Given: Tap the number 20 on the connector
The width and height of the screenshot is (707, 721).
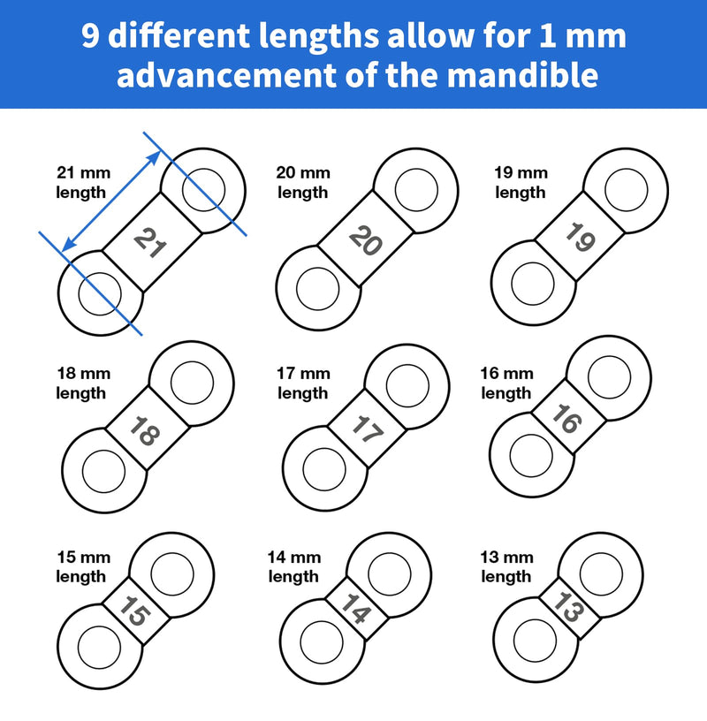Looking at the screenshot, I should click(366, 239).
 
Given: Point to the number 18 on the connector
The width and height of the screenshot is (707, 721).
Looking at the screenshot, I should click(147, 430).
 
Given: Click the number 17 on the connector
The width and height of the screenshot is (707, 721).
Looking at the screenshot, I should click(365, 428).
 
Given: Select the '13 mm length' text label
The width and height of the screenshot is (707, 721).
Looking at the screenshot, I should click(507, 566).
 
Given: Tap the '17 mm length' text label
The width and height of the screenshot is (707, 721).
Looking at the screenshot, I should click(303, 383).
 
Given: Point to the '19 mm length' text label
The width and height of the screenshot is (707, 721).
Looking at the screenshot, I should click(521, 182).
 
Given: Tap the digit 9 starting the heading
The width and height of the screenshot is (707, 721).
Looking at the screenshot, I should click(89, 36).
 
